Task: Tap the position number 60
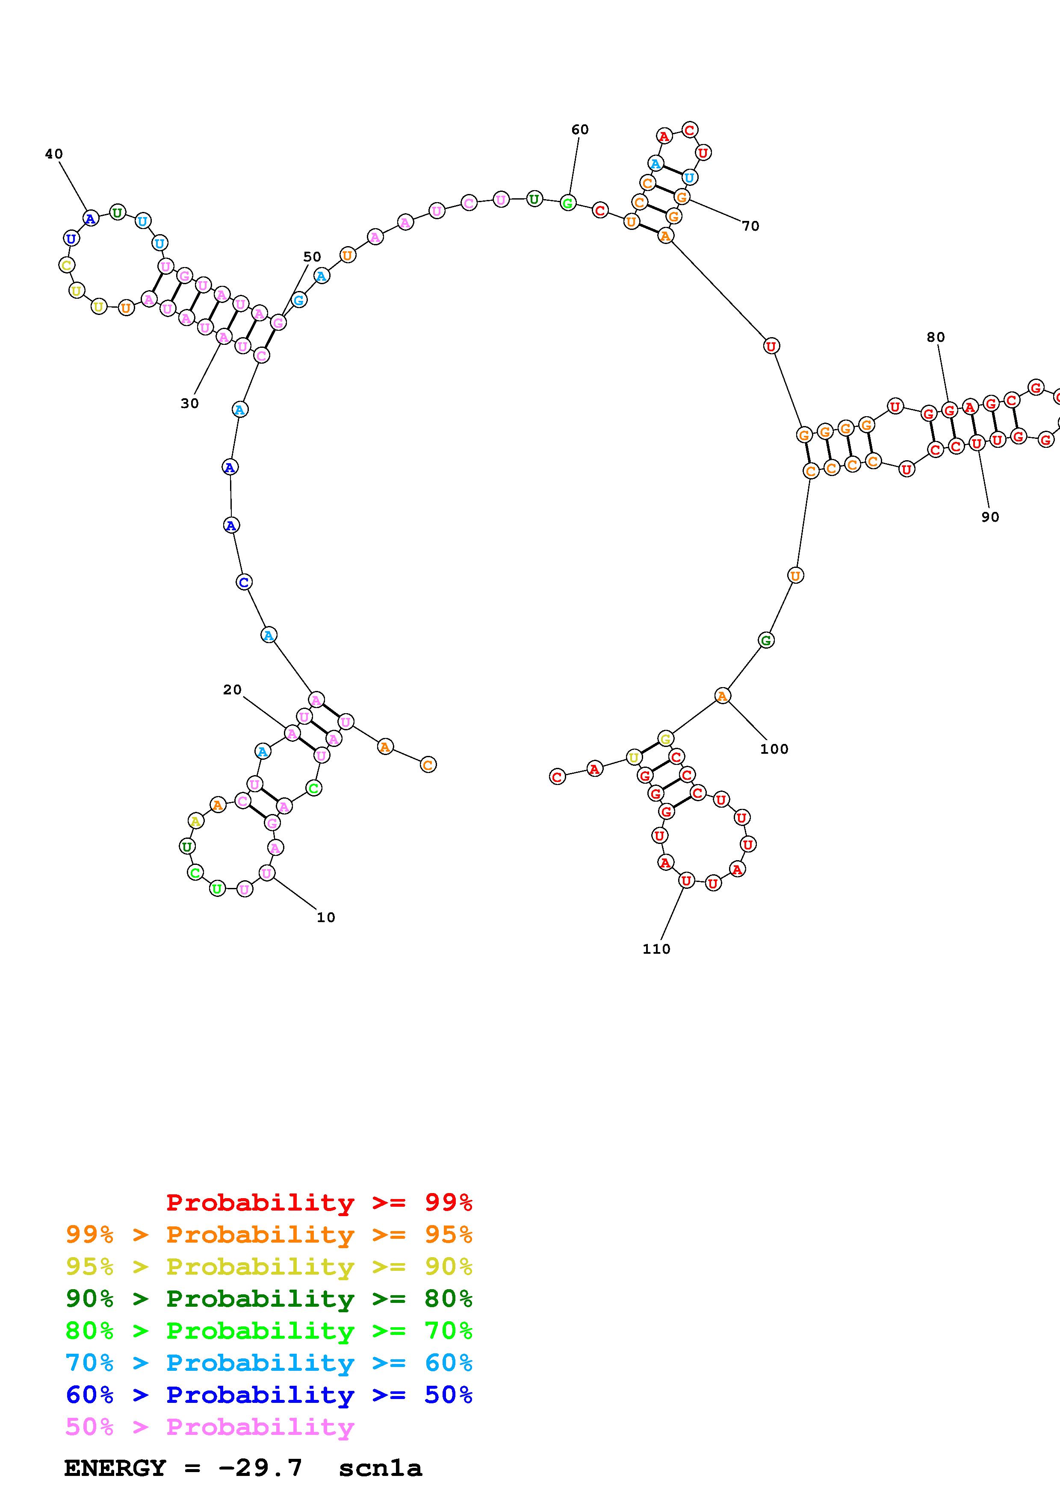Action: click(x=580, y=130)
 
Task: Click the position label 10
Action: click(x=326, y=918)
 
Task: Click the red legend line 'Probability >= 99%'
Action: click(x=319, y=1202)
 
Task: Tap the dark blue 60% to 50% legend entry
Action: click(x=269, y=1395)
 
